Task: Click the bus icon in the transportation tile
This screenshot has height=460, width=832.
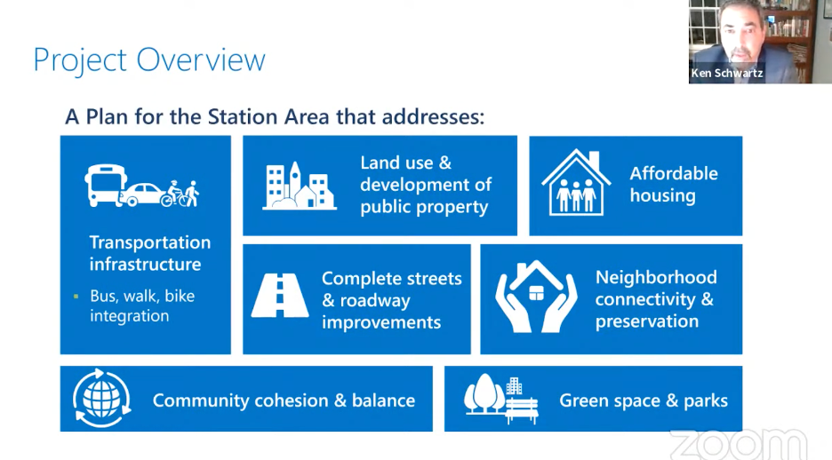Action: tap(105, 185)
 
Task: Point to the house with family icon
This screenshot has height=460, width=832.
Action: tap(576, 183)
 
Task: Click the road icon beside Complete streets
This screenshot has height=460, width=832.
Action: tap(280, 295)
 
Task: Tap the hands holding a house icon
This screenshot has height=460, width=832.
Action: tap(536, 297)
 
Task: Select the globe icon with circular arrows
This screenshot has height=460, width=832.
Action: tap(101, 398)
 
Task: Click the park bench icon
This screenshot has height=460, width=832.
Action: tap(522, 410)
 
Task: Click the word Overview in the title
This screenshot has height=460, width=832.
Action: tap(201, 59)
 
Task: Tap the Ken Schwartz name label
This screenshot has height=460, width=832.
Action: tap(727, 73)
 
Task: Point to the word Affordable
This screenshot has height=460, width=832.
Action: tap(674, 173)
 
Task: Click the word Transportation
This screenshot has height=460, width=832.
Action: tap(150, 242)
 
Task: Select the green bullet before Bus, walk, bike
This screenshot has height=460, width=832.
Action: tap(76, 297)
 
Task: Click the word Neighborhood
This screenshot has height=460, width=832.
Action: tap(656, 277)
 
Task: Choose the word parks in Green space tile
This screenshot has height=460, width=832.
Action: tap(706, 401)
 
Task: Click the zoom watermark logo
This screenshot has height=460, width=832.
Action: tap(740, 443)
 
